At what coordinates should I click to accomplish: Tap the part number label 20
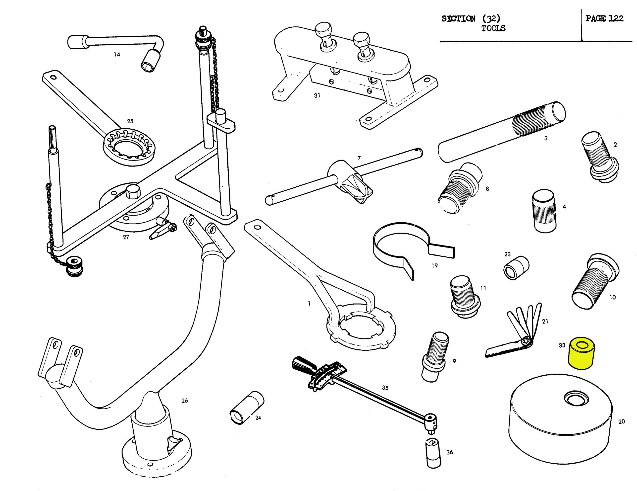click(x=621, y=422)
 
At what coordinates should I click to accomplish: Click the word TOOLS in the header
click(x=493, y=28)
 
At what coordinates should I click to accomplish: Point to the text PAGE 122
click(x=604, y=19)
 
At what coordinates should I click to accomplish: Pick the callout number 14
click(x=117, y=54)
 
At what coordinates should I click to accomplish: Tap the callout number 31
click(x=317, y=95)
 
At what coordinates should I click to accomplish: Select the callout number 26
click(x=185, y=401)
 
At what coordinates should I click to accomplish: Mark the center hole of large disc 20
click(x=576, y=399)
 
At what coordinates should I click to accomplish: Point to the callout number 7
click(x=359, y=158)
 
